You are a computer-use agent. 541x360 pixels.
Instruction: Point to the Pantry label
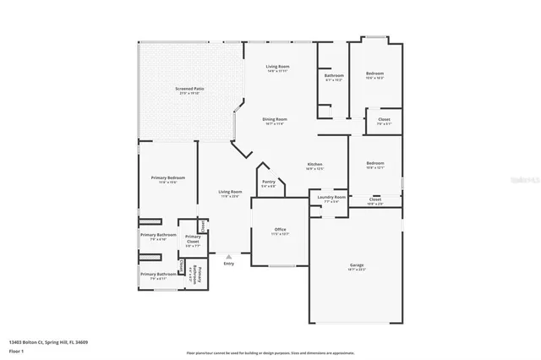(x=268, y=182)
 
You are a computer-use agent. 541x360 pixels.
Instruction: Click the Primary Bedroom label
(x=168, y=177)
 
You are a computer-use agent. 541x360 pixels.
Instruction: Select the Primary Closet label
(x=193, y=238)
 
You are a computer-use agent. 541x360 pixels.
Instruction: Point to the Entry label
(x=228, y=264)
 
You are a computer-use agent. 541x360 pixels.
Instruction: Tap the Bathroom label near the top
(x=334, y=76)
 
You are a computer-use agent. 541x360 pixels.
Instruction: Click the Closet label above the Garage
(x=374, y=199)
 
